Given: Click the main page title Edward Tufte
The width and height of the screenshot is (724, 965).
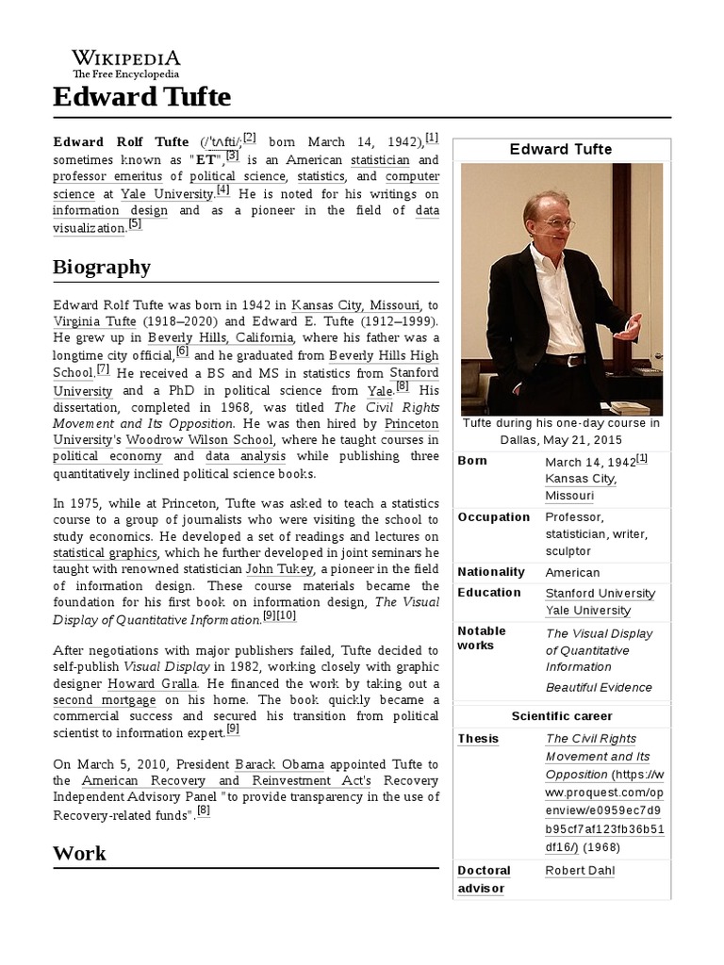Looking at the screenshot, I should pos(141,97).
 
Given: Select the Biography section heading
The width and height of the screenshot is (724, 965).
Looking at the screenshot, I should pos(102,267).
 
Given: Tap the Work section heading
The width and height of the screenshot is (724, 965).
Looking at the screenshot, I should pos(79,854).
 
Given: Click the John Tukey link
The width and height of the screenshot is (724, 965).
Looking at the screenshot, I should pos(273,569).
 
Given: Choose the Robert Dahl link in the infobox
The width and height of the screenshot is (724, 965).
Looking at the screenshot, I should pos(580,870).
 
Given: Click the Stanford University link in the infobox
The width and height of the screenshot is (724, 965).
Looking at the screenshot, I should pos(600,593).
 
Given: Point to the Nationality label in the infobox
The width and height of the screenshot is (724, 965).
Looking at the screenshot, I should pos(490,572).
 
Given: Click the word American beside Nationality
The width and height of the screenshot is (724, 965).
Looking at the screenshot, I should pos(572,572).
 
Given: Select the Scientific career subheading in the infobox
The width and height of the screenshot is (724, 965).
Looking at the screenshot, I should pos(561,716).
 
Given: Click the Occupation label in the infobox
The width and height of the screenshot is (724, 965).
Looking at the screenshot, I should pos(493,517).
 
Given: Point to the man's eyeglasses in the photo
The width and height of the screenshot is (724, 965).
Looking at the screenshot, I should pos(559,224).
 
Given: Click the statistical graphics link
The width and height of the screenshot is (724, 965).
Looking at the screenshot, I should pos(105,552).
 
